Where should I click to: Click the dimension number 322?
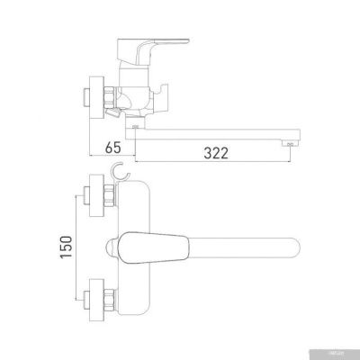pos(212,153)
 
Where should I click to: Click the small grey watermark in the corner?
pos(346,353)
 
